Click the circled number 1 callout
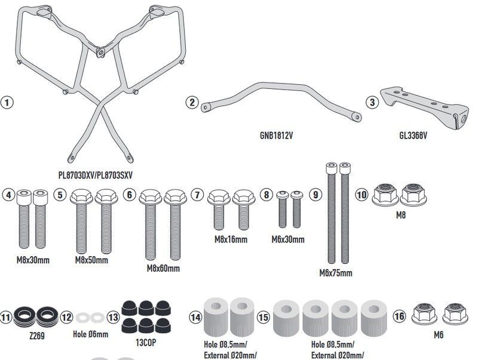click(7, 102)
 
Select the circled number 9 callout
click(316, 194)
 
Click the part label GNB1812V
click(276, 135)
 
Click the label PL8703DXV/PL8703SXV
click(96, 175)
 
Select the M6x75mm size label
click(336, 273)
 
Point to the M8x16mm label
click(231, 239)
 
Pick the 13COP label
click(146, 343)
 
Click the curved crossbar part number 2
click(281, 99)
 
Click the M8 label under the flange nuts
click(400, 215)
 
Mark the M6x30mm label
click(288, 239)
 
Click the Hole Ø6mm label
click(90, 335)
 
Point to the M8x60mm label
click(163, 269)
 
